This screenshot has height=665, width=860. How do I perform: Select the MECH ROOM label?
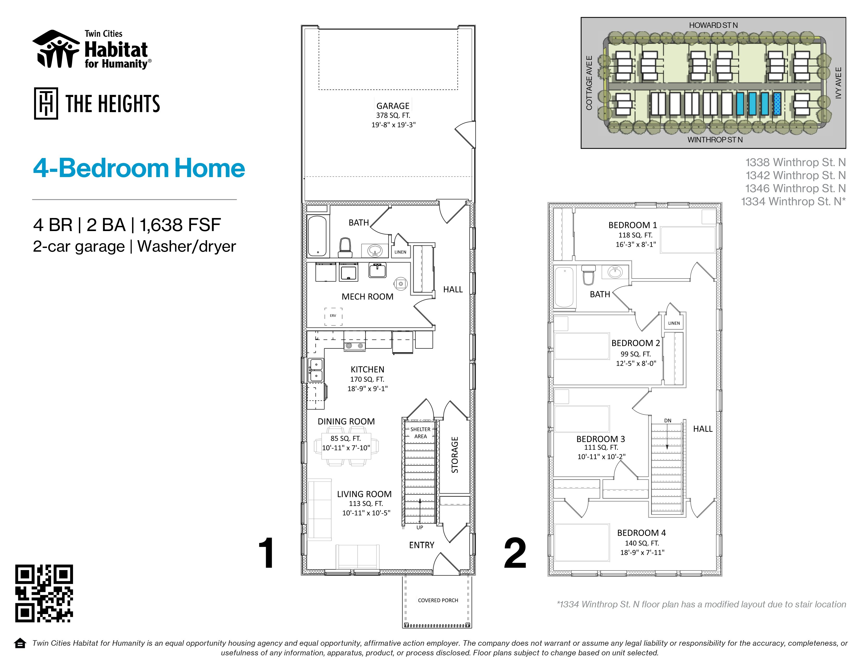[x=367, y=297]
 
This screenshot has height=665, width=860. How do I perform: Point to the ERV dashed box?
[x=333, y=316]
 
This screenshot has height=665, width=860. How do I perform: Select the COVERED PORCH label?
[x=438, y=600]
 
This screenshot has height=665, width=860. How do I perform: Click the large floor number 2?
[x=515, y=553]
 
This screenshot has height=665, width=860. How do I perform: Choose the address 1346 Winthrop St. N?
[x=795, y=188]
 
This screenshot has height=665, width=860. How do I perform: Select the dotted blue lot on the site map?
[x=777, y=104]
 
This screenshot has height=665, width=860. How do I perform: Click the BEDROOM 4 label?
[x=641, y=533]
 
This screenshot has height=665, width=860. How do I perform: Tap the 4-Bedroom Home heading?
[x=139, y=168]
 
